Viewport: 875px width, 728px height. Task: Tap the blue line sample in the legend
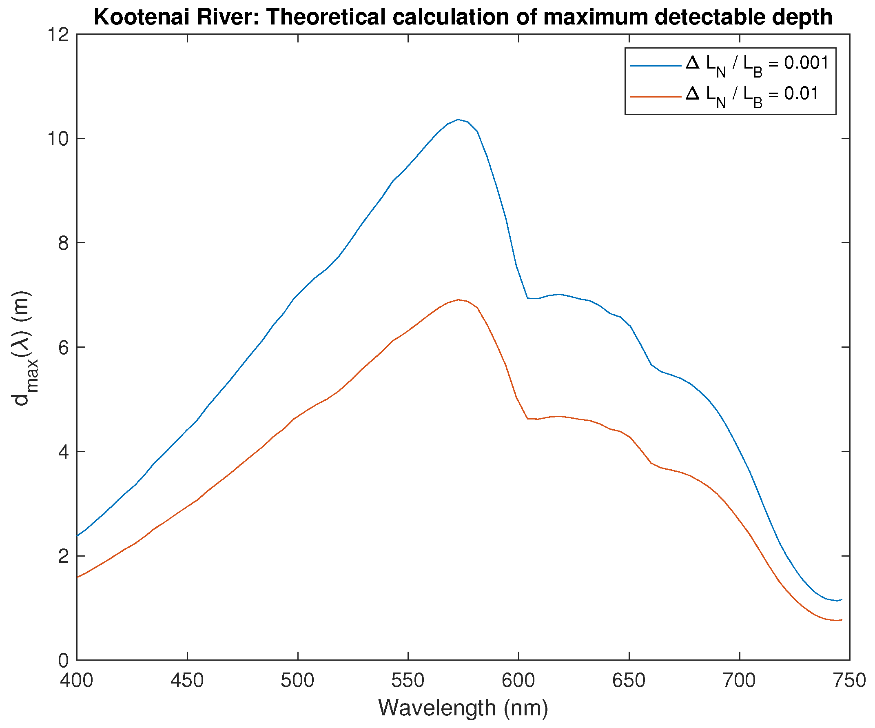655,66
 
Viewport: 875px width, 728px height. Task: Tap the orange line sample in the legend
655,97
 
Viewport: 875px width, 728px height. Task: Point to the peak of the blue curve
458,120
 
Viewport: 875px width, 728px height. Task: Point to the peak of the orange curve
458,300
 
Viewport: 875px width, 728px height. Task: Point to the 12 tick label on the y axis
58,35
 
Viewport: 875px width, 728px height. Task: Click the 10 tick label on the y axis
58,139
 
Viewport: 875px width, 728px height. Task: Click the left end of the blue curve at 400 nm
78,536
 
